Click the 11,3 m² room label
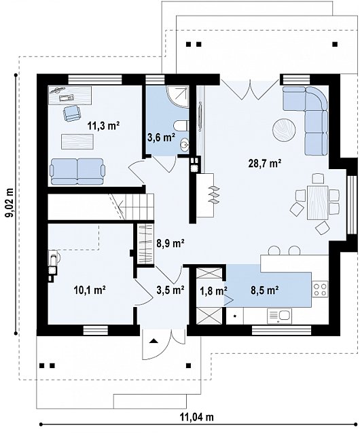pyautogui.click(x=103, y=126)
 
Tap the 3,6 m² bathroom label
pyautogui.click(x=161, y=137)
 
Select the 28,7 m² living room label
pyautogui.click(x=265, y=164)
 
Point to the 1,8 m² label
pyautogui.click(x=213, y=291)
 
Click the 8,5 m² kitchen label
pyautogui.click(x=264, y=290)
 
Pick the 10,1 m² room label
pyautogui.click(x=90, y=290)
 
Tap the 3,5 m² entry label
pyautogui.click(x=170, y=290)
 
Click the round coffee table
pyautogui.click(x=284, y=130)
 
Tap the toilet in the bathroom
pyautogui.click(x=181, y=126)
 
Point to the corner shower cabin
pyautogui.click(x=178, y=96)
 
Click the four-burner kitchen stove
pyautogui.click(x=320, y=289)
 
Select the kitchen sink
pyautogui.click(x=279, y=316)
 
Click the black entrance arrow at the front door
pyautogui.click(x=154, y=341)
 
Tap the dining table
pyautogui.click(x=317, y=202)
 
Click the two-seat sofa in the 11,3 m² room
pyautogui.click(x=77, y=172)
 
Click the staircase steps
pyautogui.click(x=137, y=206)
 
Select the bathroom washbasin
pyautogui.click(x=184, y=145)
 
